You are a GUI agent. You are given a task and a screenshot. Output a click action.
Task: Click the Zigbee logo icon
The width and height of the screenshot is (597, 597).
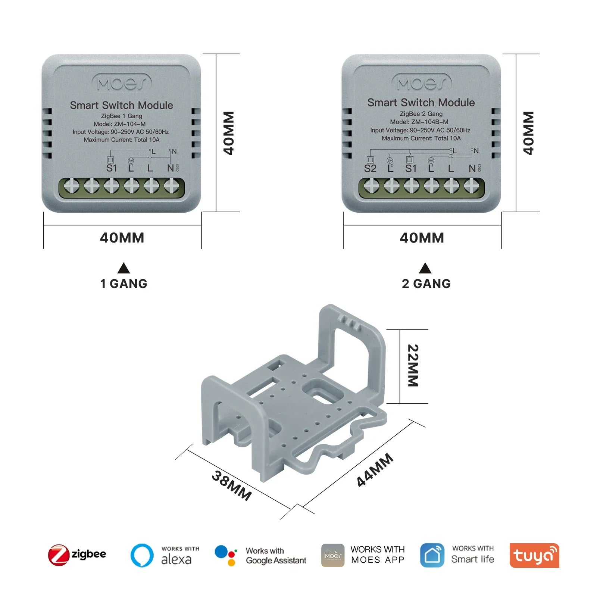59,555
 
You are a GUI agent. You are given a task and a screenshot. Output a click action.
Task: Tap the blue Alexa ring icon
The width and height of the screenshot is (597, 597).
142,555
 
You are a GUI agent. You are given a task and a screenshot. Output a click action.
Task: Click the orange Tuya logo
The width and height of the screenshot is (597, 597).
534,555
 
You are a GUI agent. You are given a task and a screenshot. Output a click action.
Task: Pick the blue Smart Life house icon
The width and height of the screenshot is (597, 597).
432,555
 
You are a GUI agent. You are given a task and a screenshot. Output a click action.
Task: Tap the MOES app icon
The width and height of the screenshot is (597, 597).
333,555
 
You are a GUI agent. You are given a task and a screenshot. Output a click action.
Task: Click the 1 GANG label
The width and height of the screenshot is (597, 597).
124,284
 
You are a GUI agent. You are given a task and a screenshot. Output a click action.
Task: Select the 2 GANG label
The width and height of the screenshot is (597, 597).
426,284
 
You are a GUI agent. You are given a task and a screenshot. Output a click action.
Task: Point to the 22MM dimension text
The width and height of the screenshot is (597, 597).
413,365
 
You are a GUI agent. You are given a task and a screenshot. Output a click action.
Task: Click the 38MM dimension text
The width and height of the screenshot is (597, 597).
232,485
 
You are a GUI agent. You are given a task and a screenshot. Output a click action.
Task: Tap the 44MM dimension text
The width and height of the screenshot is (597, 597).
375,470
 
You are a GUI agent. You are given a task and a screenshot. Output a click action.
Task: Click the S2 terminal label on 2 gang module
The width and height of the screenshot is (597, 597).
370,169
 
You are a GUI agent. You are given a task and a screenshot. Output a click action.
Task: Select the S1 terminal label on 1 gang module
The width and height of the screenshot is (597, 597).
112,168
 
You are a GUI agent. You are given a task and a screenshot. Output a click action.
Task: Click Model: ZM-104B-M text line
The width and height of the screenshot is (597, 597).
419,122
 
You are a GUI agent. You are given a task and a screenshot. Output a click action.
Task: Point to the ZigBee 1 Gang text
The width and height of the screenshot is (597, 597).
122,116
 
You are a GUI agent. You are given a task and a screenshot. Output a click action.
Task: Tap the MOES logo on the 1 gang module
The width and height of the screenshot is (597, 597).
122,83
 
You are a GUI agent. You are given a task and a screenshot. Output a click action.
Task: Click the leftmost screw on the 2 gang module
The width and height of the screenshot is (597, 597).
372,185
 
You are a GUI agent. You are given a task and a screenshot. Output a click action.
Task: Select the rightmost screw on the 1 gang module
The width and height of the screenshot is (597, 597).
172,185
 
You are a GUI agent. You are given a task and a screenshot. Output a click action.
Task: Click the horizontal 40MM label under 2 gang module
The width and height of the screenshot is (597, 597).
422,238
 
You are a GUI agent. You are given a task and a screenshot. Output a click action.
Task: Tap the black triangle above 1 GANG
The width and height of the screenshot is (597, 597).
124,268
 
